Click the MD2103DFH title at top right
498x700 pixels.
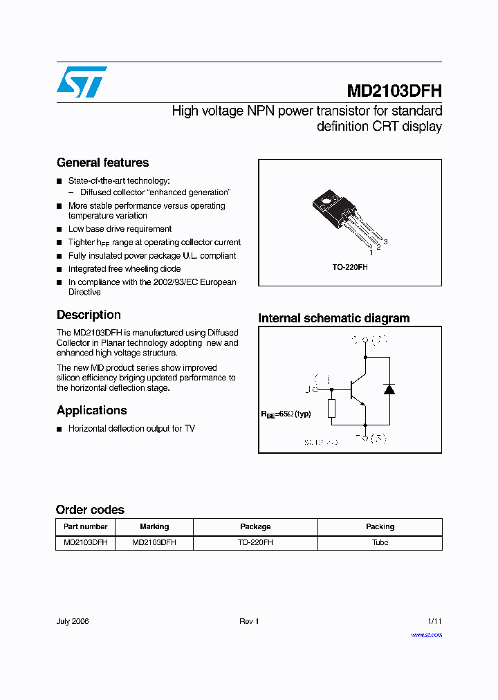(394, 91)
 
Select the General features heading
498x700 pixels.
(102, 163)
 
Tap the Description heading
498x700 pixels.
(89, 315)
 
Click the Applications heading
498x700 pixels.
(91, 410)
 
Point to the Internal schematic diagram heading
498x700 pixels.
(333, 318)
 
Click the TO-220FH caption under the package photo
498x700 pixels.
(350, 266)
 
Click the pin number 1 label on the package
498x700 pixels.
(371, 253)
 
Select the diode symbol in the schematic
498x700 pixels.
(389, 388)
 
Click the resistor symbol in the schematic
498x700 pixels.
(331, 408)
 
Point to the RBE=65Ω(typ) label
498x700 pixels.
(286, 414)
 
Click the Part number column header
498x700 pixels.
(85, 526)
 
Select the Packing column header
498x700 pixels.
(380, 526)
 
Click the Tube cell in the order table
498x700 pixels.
(380, 543)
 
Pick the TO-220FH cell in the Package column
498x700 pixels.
(255, 543)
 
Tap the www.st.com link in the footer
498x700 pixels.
(426, 634)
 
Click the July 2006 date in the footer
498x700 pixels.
(73, 621)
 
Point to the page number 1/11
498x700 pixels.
(434, 621)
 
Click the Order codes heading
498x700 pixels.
(90, 510)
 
